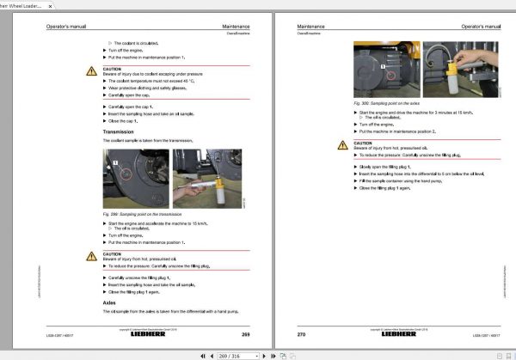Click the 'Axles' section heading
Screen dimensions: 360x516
[x=108, y=302]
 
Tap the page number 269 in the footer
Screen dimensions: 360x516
[x=245, y=333]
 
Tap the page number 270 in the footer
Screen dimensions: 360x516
[x=301, y=333]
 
